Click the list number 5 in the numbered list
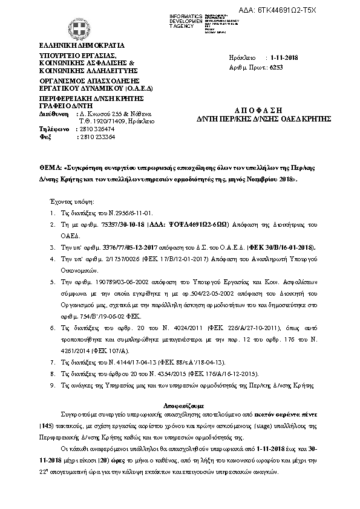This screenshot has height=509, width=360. point(53,282)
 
